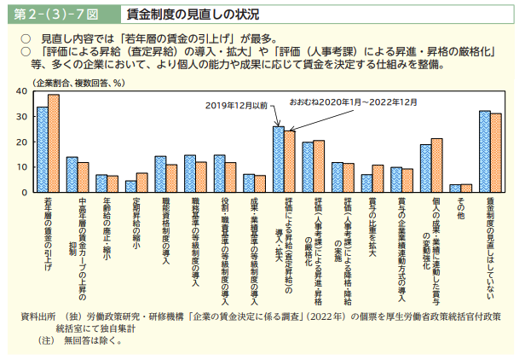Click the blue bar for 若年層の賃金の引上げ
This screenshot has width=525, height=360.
point(42,150)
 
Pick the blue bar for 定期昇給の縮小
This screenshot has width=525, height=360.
point(130,187)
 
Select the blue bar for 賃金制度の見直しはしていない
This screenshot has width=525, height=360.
point(484,152)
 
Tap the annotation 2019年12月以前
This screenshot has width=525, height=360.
point(236,105)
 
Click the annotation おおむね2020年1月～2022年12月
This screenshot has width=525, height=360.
point(353,102)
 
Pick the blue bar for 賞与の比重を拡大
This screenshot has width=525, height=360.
point(366,183)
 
